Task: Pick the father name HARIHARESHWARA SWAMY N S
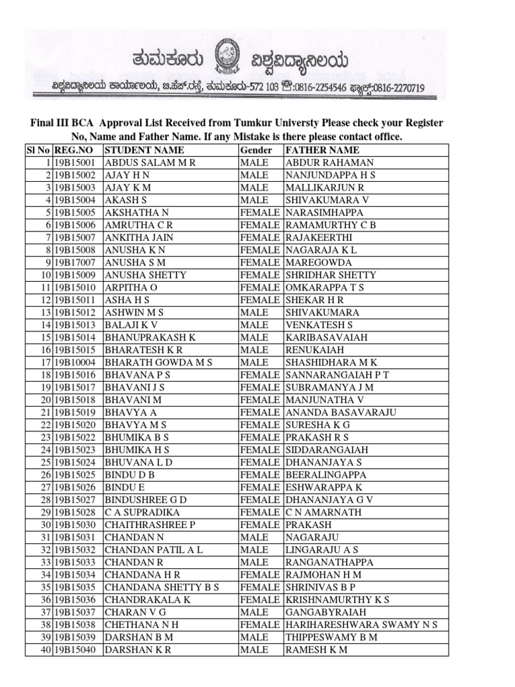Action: [x=361, y=625]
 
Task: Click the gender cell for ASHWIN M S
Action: [x=254, y=312]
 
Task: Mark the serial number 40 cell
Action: [x=46, y=649]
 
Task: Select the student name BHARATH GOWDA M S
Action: [x=158, y=362]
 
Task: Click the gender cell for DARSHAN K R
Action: [x=254, y=649]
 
